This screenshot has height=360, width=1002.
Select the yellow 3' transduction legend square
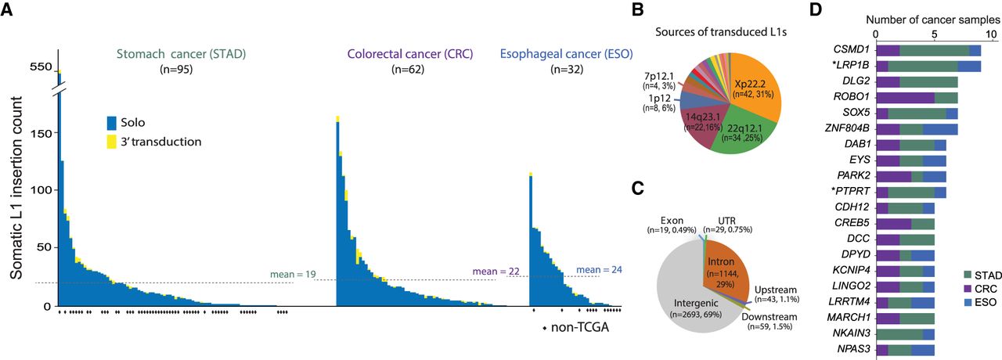pos(112,142)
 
